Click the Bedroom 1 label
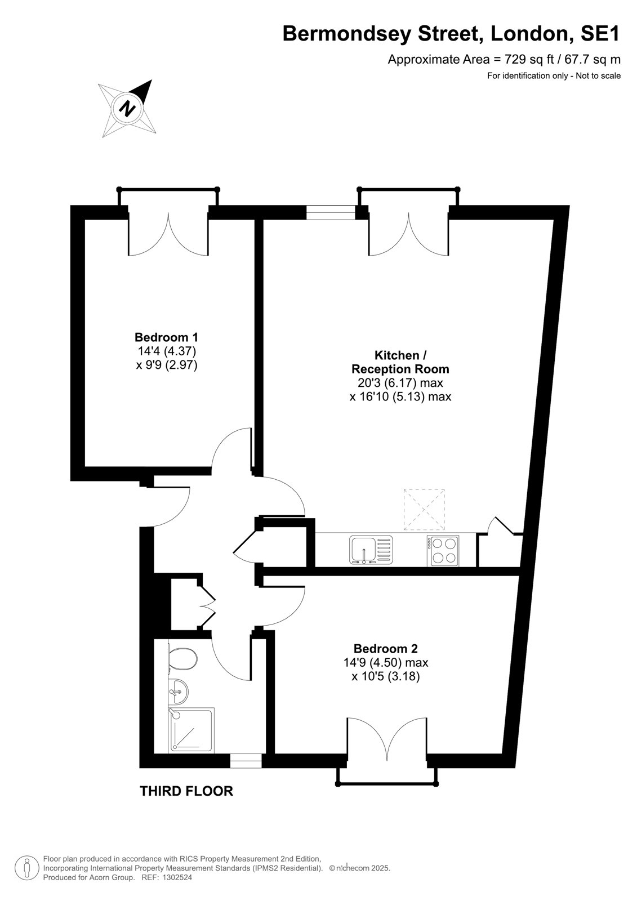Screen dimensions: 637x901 click(x=166, y=337)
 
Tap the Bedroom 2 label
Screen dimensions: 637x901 click(x=385, y=648)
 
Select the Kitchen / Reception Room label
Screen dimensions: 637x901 click(x=400, y=362)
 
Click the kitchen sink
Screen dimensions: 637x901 click(x=371, y=550)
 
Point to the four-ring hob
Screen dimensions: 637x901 click(x=443, y=551)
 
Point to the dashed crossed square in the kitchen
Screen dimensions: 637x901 click(x=424, y=509)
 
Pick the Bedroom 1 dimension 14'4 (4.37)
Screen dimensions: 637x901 click(x=167, y=351)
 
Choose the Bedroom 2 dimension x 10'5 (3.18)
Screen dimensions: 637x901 click(x=385, y=677)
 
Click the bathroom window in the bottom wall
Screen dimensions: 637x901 click(x=246, y=761)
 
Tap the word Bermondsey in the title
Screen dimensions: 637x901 click(x=348, y=34)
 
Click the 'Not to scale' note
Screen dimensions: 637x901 click(x=598, y=75)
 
